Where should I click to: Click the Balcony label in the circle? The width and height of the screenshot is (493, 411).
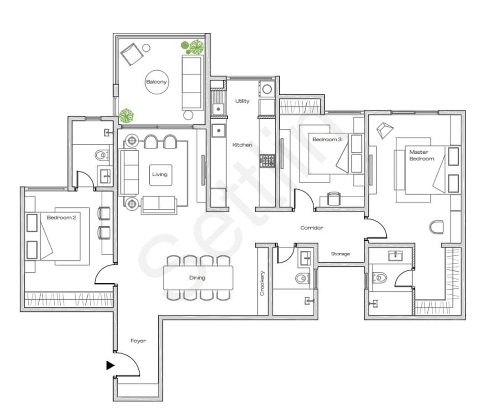coord(156,82)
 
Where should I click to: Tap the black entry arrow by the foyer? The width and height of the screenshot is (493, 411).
coord(110,365)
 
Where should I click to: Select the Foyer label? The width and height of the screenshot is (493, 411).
coord(138,341)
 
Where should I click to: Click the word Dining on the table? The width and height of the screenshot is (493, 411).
coord(197,277)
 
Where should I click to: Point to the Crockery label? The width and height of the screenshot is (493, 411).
coord(262,283)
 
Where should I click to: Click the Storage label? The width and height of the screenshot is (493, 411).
coord(340,254)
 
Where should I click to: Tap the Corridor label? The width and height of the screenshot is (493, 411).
coord(312,228)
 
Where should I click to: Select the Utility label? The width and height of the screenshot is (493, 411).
coord(242,101)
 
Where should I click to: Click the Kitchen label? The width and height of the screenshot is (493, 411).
coord(242,145)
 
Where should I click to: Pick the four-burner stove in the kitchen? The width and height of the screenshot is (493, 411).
coord(267,161)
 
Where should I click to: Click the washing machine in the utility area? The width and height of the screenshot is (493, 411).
coord(267,89)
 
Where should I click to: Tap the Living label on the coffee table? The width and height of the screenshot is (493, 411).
coord(160,174)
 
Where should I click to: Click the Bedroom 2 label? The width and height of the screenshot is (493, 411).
coord(61,218)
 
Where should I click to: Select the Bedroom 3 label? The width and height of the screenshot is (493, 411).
coord(327,139)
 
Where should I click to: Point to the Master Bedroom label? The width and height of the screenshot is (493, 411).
coord(422,155)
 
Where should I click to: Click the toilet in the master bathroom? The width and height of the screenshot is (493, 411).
coord(379,278)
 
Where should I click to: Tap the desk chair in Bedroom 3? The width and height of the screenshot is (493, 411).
coord(334,198)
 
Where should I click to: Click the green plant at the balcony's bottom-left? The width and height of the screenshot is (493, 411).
coord(126,115)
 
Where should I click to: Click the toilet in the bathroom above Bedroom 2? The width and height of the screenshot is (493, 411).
coord(101,155)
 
